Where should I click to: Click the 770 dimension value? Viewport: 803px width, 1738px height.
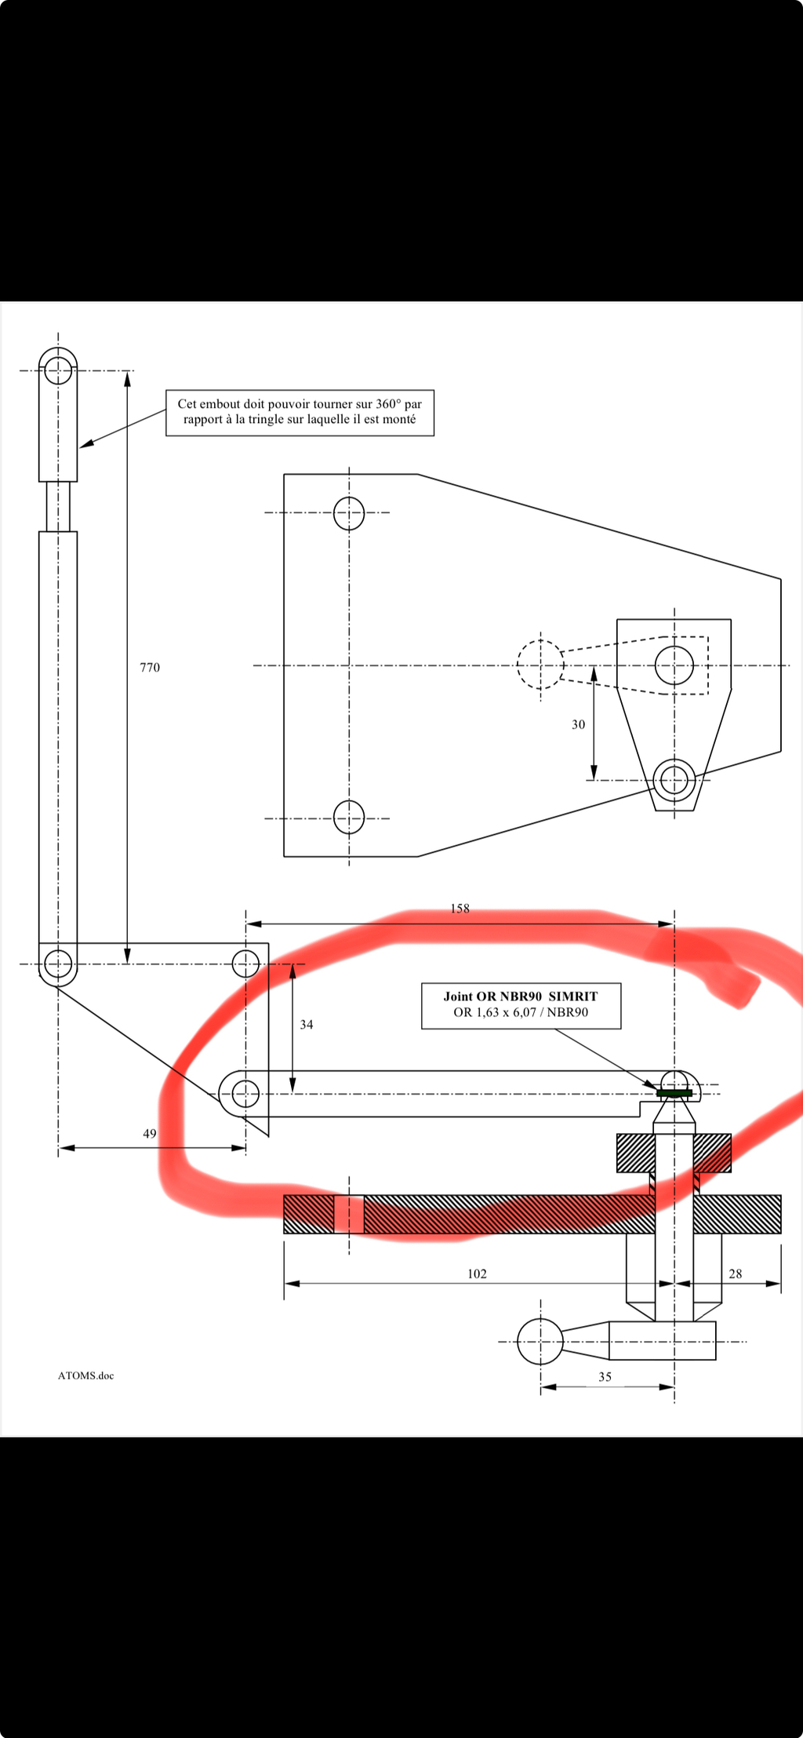pyautogui.click(x=150, y=668)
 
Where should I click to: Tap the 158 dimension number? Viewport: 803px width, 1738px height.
pyautogui.click(x=460, y=909)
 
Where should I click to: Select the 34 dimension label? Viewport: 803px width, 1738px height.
pyautogui.click(x=307, y=1025)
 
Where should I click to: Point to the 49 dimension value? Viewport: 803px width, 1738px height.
pyautogui.click(x=150, y=1134)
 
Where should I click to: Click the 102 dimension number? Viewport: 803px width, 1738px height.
pyautogui.click(x=477, y=1274)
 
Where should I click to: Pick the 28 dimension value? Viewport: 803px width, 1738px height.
pyautogui.click(x=735, y=1274)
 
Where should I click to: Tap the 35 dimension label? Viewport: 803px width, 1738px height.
pyautogui.click(x=605, y=1377)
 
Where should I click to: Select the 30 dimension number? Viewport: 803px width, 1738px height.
pyautogui.click(x=578, y=725)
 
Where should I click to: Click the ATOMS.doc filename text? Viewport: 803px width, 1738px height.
pyautogui.click(x=85, y=1375)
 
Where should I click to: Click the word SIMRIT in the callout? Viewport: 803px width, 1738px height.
pyautogui.click(x=573, y=997)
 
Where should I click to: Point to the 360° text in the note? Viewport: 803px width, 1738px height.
pyautogui.click(x=388, y=404)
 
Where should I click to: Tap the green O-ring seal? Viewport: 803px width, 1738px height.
pyautogui.click(x=674, y=1093)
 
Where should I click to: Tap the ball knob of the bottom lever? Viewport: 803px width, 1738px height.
pyautogui.click(x=540, y=1342)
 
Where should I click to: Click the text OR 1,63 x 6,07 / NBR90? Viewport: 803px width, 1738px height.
pyautogui.click(x=521, y=1012)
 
